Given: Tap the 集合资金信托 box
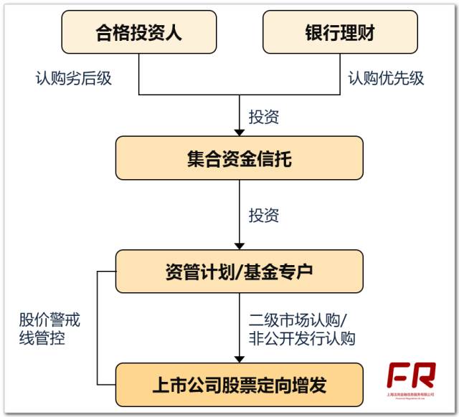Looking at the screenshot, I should coord(239,158).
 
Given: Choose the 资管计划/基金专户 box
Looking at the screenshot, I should coord(239,272).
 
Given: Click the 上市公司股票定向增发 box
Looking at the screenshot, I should coord(239,385).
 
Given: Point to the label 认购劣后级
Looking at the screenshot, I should coord(74,78).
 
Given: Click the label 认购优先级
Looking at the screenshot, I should coord(386,78).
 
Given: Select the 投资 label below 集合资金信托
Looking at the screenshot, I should coord(264,215).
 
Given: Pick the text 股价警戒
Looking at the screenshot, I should coord(49,319).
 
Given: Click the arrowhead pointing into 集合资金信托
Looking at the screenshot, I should coord(239,130).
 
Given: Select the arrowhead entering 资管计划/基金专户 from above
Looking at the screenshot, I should coord(239,244).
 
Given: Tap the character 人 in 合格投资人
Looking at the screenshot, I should coord(186,33).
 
